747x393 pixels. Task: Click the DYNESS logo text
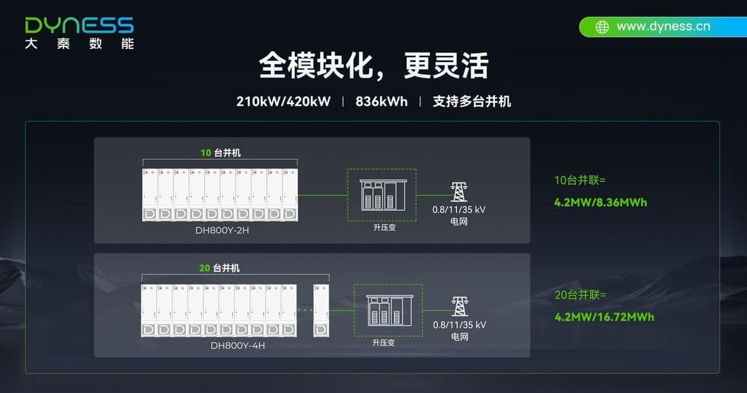(x=79, y=25)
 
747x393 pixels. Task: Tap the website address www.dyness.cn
(x=663, y=27)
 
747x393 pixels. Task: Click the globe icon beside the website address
(x=602, y=27)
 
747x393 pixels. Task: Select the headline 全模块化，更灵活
(x=373, y=65)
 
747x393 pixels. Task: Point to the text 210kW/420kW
(x=283, y=101)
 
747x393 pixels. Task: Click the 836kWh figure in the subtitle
(x=381, y=101)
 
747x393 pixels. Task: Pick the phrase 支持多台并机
(x=472, y=101)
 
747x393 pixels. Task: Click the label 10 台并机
(x=221, y=152)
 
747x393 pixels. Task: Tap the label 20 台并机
(x=219, y=268)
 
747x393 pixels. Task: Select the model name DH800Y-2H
(x=222, y=230)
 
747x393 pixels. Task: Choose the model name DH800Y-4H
(x=237, y=345)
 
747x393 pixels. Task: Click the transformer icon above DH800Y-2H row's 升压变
(x=382, y=194)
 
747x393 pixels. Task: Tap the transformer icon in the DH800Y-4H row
(x=389, y=310)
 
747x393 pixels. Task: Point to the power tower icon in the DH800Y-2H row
(x=459, y=192)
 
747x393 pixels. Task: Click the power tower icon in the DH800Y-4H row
(x=460, y=306)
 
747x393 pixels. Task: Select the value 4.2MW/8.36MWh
(x=601, y=202)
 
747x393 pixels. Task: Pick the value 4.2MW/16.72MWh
(x=604, y=317)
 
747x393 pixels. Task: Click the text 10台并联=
(x=580, y=180)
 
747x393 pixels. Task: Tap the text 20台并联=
(x=580, y=295)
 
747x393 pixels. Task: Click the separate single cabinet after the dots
(x=321, y=311)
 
